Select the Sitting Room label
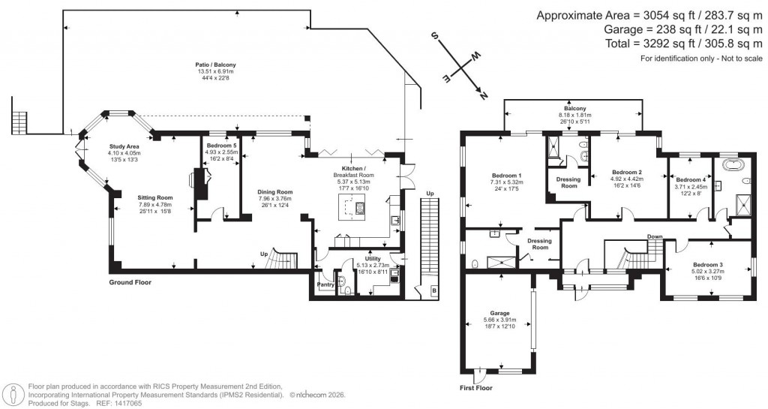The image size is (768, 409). point(155,197)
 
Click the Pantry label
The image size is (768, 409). point(325,285)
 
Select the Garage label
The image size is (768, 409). point(499,313)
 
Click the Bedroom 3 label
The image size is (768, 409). point(707,265)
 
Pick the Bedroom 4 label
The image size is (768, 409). point(690,180)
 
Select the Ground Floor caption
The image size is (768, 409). point(130,283)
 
